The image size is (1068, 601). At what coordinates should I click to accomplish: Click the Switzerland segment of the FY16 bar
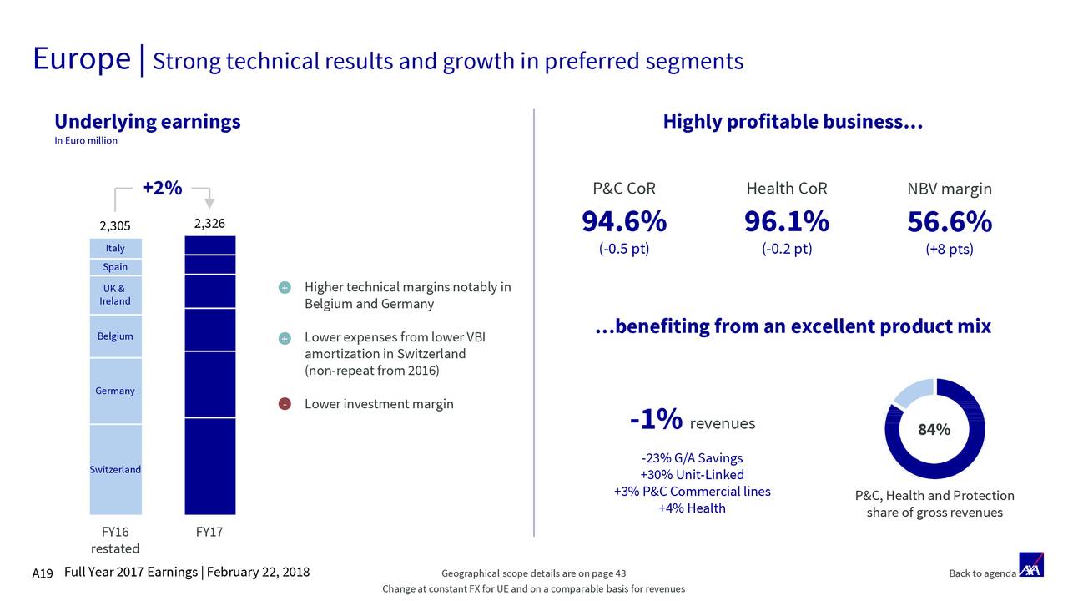[x=115, y=469]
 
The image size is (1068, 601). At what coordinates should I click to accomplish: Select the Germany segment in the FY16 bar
[x=115, y=391]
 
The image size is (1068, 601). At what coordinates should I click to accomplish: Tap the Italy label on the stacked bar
[x=115, y=248]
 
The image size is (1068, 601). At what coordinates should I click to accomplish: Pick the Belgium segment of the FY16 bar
[x=115, y=336]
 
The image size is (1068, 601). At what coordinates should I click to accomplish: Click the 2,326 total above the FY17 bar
[x=209, y=224]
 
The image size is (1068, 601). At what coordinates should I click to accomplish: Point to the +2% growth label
[x=162, y=189]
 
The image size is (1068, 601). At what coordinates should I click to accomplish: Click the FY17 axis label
[x=209, y=532]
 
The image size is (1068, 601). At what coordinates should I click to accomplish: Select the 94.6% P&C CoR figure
[x=624, y=223]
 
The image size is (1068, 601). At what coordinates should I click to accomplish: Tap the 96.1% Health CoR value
[x=787, y=223]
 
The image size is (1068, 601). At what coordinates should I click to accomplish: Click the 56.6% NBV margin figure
[x=950, y=223]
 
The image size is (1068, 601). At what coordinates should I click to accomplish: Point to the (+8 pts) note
[x=950, y=250]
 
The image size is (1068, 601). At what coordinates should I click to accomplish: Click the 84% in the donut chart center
[x=934, y=430]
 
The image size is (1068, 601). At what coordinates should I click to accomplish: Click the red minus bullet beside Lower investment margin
[x=285, y=405]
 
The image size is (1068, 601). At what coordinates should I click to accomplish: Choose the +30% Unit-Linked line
[x=692, y=475]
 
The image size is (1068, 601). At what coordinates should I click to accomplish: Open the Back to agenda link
[x=982, y=573]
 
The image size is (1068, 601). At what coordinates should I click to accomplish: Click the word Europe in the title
[x=82, y=59]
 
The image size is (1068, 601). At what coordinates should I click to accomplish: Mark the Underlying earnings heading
[x=148, y=122]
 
